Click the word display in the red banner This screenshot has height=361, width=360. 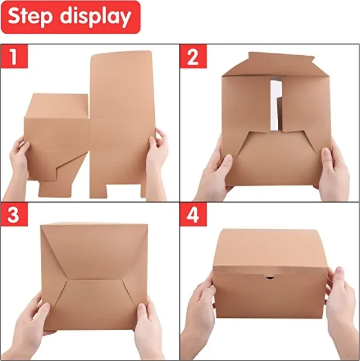(x=95, y=17)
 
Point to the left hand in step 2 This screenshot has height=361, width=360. (x=213, y=174)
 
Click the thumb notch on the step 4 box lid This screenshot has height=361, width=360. (x=270, y=278)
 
